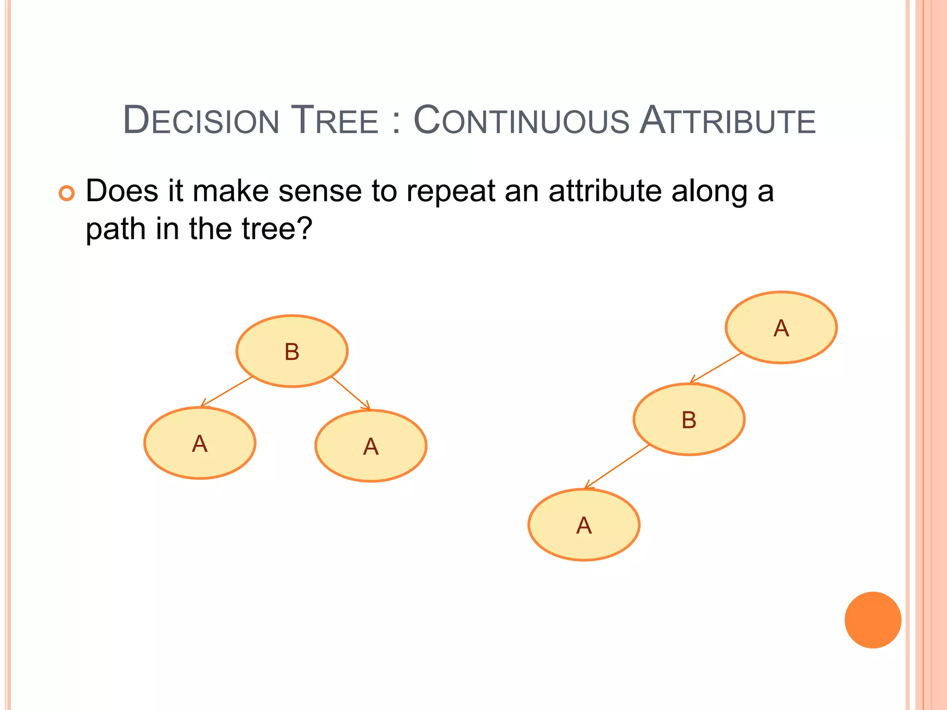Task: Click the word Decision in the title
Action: pyautogui.click(x=201, y=121)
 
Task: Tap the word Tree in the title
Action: pyautogui.click(x=334, y=121)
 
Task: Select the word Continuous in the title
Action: pyautogui.click(x=521, y=121)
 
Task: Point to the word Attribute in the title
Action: pyautogui.click(x=727, y=121)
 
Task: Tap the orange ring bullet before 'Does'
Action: pyautogui.click(x=67, y=193)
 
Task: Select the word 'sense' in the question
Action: pyautogui.click(x=320, y=191)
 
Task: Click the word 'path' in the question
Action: pyautogui.click(x=116, y=230)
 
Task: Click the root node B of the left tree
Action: pyautogui.click(x=292, y=351)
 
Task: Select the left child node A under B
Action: pyautogui.click(x=200, y=443)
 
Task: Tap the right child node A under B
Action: pyautogui.click(x=371, y=446)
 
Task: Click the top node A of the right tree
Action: pyautogui.click(x=781, y=328)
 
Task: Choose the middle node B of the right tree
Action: pyautogui.click(x=689, y=420)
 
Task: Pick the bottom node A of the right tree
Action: pyautogui.click(x=584, y=525)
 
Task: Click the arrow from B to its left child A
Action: pyautogui.click(x=227, y=392)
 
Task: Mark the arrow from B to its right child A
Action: pyautogui.click(x=351, y=393)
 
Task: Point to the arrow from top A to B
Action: pyautogui.click(x=716, y=368)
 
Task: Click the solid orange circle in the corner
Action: pyautogui.click(x=873, y=620)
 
